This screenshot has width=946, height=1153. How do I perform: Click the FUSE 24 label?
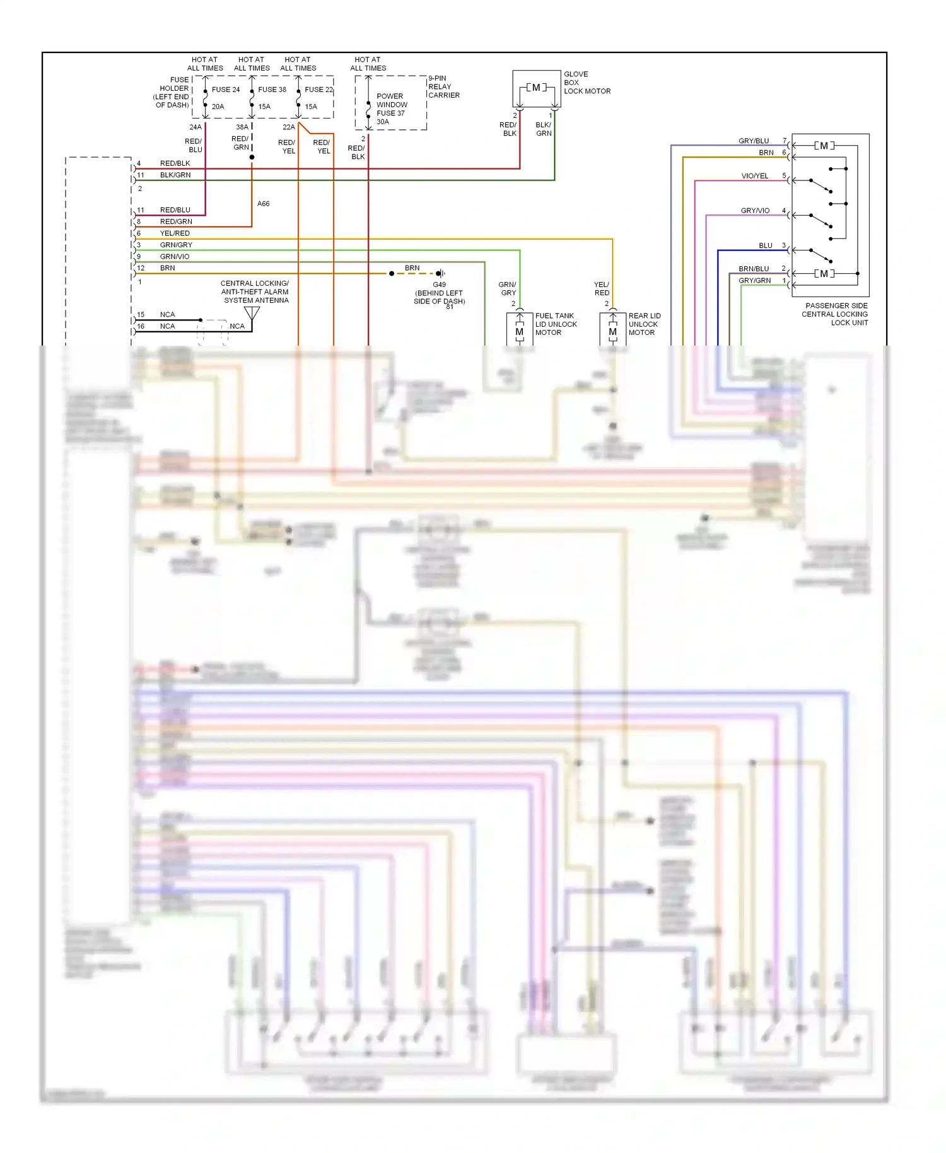point(226,90)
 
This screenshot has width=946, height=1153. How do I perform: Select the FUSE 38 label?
point(272,90)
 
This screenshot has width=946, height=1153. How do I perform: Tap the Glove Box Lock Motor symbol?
point(536,88)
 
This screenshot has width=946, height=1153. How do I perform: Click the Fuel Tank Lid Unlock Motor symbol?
point(520,331)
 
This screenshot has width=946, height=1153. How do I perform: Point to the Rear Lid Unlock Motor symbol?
point(612,331)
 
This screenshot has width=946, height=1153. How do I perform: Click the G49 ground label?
point(439,285)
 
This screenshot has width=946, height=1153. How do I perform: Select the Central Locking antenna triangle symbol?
point(252,313)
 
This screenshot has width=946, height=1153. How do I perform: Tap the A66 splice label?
point(264,204)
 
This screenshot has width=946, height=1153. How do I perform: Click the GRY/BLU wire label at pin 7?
point(754,141)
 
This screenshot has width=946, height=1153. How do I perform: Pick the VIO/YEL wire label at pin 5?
point(754,176)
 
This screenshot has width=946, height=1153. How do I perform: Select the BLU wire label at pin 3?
point(765,245)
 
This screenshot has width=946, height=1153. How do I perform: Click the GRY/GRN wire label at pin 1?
point(754,280)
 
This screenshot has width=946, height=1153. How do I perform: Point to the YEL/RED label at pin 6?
point(175,233)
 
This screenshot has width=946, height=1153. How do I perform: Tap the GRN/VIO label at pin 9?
point(175,257)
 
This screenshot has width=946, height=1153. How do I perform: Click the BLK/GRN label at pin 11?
point(175,175)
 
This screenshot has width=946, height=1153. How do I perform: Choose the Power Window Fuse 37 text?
point(392,105)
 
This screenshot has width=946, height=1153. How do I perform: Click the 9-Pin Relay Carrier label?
point(443,87)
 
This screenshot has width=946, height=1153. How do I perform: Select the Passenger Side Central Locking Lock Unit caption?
point(836,314)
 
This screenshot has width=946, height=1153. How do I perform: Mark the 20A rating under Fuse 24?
point(218,107)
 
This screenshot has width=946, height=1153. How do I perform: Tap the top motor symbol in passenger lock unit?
point(824,146)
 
